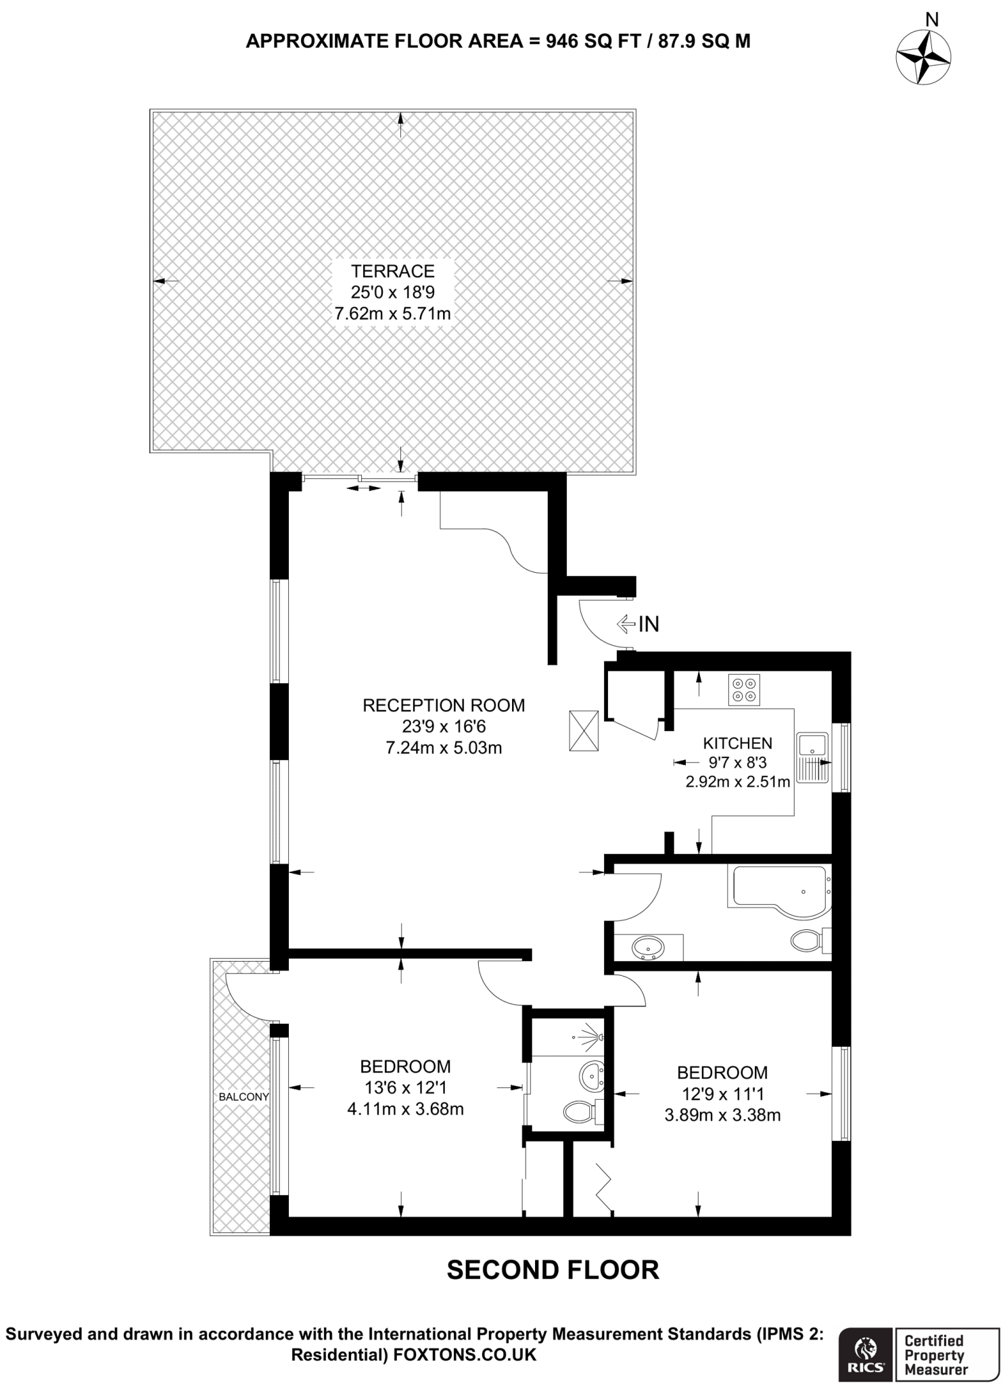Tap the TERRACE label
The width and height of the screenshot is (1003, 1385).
[x=392, y=271]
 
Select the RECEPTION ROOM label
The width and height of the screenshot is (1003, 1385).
[x=444, y=705]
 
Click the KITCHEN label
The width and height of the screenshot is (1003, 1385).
[x=737, y=743]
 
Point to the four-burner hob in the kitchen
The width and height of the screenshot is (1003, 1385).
[x=744, y=690]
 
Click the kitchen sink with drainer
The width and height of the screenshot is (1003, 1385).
[x=812, y=757]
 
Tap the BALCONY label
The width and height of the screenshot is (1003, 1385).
[x=243, y=1097]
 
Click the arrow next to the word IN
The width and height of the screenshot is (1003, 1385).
[x=626, y=624]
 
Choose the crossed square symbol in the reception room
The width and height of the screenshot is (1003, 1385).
[x=584, y=730]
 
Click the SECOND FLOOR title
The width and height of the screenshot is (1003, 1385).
[x=553, y=1269]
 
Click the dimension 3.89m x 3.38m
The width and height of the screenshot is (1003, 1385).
[x=722, y=1115]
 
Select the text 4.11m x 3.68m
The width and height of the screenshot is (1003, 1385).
[x=405, y=1109]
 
